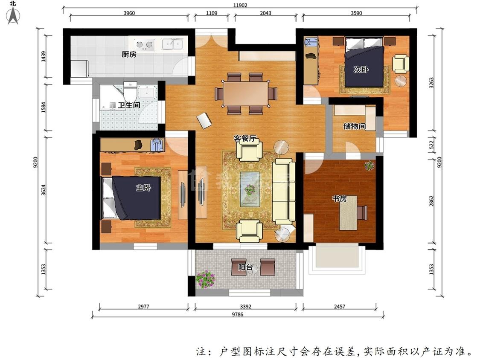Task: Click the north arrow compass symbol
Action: coord(13,14)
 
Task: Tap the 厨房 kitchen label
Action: coord(129,55)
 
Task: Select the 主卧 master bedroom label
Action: coord(143,187)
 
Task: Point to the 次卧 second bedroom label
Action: coord(361,70)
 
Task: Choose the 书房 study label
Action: coord(340,199)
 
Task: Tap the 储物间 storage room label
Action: coord(355,126)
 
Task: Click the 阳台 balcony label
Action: coord(245,267)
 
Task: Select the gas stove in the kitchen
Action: coord(145,45)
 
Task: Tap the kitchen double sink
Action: coord(172,44)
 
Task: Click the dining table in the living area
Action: coord(246,93)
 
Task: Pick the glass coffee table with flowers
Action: coord(250,189)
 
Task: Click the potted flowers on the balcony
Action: coord(206,279)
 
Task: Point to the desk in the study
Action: coord(348,213)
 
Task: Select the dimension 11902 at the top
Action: coord(240,5)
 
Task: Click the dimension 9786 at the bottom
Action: coord(238,314)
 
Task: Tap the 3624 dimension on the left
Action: coord(44,190)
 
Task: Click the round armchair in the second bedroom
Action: coord(401,64)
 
